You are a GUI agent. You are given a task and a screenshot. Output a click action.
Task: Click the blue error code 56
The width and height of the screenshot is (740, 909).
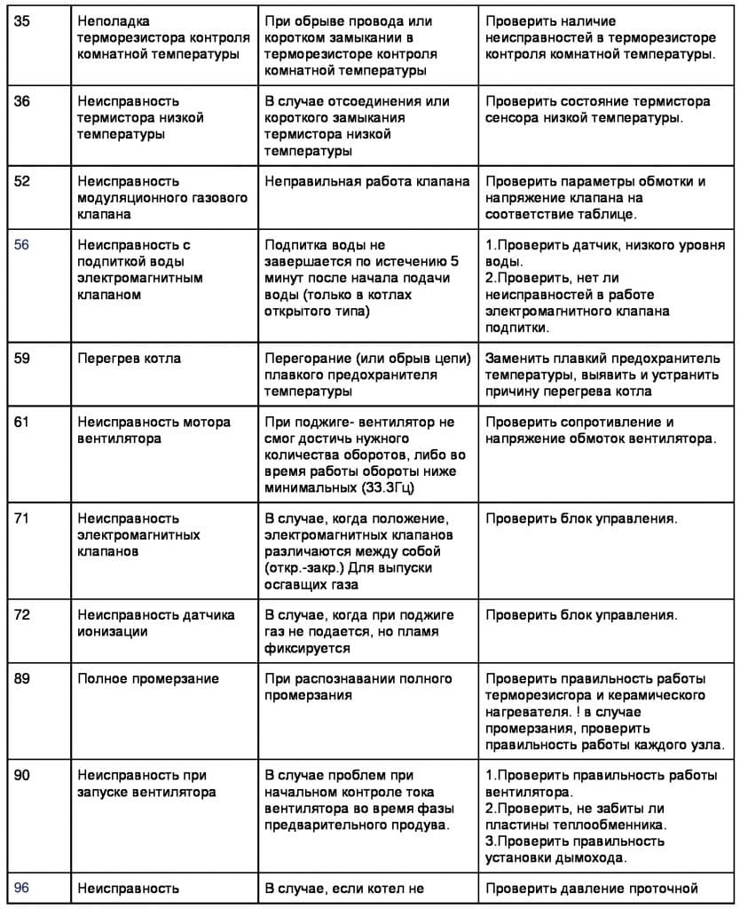coord(22,245)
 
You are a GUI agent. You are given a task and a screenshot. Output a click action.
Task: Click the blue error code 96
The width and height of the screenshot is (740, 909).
coord(22,888)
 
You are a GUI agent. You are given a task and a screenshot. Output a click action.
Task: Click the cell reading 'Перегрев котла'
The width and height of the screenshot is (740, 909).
coord(130,359)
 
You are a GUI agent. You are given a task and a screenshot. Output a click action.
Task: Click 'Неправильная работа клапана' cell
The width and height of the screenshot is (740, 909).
coord(367,182)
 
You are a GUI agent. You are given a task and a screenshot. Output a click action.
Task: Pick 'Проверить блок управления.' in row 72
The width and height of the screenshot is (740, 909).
coord(581,614)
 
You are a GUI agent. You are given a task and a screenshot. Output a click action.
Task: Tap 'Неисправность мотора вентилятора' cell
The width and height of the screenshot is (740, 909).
coord(154,430)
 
